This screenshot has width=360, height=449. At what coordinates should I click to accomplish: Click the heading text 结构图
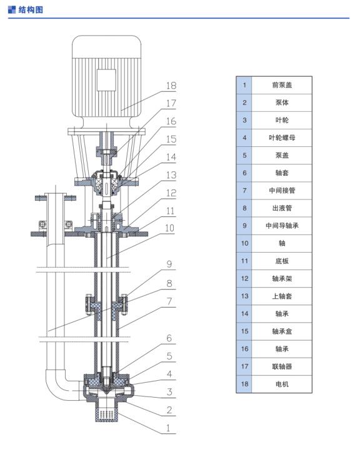[x=31, y=10]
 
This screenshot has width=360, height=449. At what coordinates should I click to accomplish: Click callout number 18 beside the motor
[x=171, y=86]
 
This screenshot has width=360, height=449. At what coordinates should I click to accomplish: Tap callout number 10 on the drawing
[x=169, y=228]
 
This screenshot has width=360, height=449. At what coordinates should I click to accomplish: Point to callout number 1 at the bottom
[x=168, y=428]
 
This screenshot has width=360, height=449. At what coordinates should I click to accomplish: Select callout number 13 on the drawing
[x=171, y=175]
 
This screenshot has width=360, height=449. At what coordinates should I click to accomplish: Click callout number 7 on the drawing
[x=169, y=301]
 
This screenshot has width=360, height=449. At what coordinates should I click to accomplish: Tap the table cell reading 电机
[x=282, y=384]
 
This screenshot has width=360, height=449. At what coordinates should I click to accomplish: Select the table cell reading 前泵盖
[x=282, y=85]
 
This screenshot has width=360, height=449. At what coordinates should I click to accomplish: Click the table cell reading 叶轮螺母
[x=282, y=138]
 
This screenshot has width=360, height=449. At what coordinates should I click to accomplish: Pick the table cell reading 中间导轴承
[x=282, y=226]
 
